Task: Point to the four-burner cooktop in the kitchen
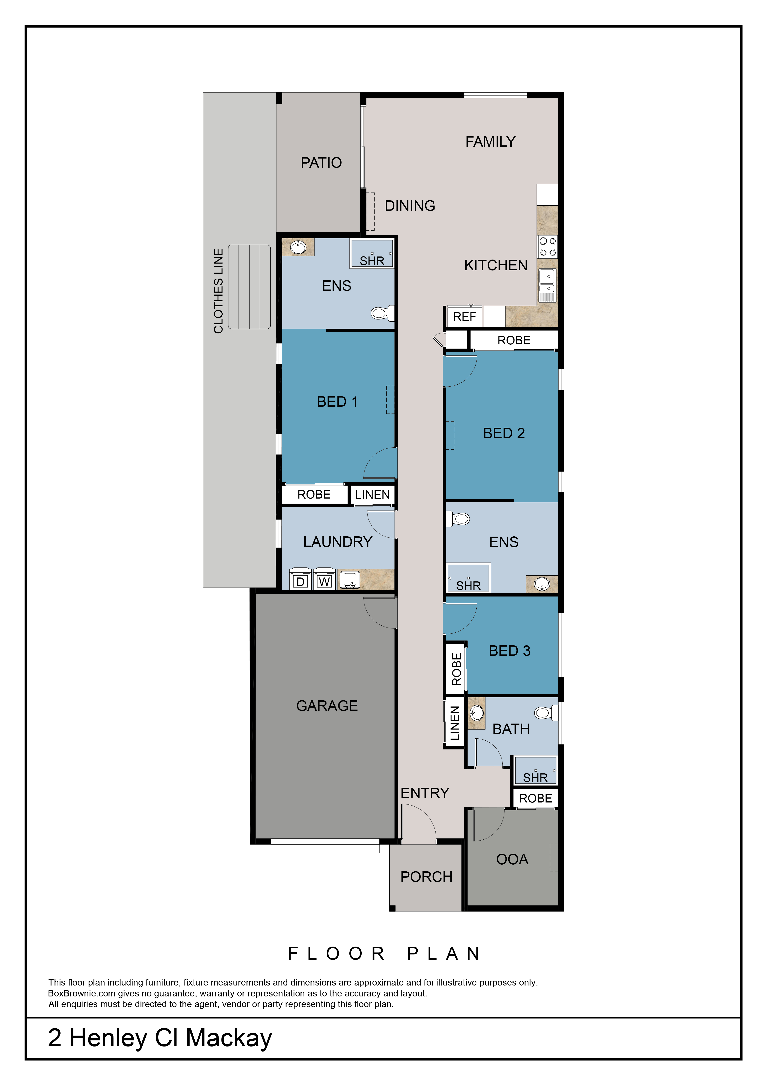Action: [x=547, y=247]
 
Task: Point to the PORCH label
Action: [x=426, y=877]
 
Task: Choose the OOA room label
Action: [x=512, y=859]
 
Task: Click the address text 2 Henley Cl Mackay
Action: [x=160, y=1038]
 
